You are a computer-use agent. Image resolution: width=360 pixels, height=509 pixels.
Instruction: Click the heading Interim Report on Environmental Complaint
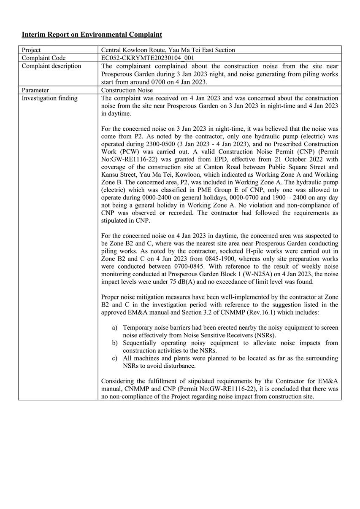[x=92, y=34]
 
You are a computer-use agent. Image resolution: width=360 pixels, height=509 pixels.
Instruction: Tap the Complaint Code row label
[x=43, y=58]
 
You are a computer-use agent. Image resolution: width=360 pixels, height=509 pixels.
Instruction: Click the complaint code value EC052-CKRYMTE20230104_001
[x=148, y=58]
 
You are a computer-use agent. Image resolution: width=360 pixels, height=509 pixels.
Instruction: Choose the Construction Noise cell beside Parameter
[x=127, y=90]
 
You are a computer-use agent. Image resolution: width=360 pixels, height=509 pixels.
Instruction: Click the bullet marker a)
[x=115, y=328]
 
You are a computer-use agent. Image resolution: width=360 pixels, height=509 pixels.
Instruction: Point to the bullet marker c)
[x=115, y=358]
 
